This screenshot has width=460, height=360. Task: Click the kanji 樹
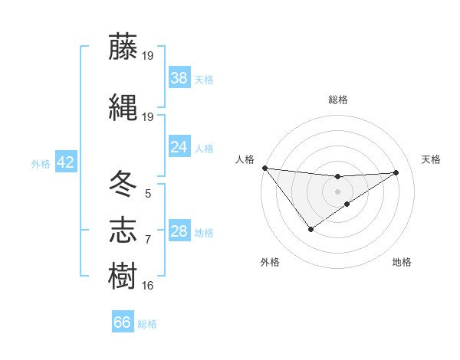point(123,275)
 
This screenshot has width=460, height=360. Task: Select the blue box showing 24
point(179,147)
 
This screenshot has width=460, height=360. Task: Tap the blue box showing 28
point(179,231)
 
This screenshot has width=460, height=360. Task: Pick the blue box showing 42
point(65,162)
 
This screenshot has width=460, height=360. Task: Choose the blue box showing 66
point(123,322)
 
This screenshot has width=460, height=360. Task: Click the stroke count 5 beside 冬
point(148,194)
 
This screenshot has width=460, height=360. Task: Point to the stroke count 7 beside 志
point(148,240)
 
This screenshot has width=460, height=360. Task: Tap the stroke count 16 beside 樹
point(148,286)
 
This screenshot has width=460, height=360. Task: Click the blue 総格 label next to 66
point(147,324)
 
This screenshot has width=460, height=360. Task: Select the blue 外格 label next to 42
point(41,163)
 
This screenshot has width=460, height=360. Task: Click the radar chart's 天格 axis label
point(431,159)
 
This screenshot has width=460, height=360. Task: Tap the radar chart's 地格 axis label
point(402,262)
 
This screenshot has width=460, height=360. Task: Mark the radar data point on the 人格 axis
point(264,168)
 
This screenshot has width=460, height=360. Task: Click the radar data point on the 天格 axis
point(396,172)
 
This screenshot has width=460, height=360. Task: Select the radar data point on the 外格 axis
point(311,229)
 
